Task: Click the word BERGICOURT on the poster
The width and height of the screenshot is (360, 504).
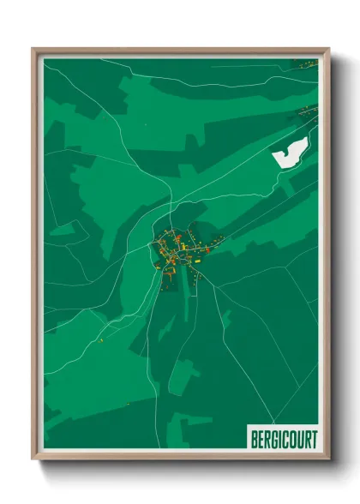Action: click(283, 439)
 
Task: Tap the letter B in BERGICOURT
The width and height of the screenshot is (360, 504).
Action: click(254, 439)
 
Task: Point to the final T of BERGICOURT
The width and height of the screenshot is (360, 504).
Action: click(314, 439)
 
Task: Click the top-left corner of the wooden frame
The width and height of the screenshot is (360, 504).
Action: click(34, 50)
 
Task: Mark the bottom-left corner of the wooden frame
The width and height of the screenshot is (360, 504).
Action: click(34, 459)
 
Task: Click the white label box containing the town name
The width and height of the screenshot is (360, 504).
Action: click(283, 438)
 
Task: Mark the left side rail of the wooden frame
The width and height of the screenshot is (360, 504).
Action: click(35, 257)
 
